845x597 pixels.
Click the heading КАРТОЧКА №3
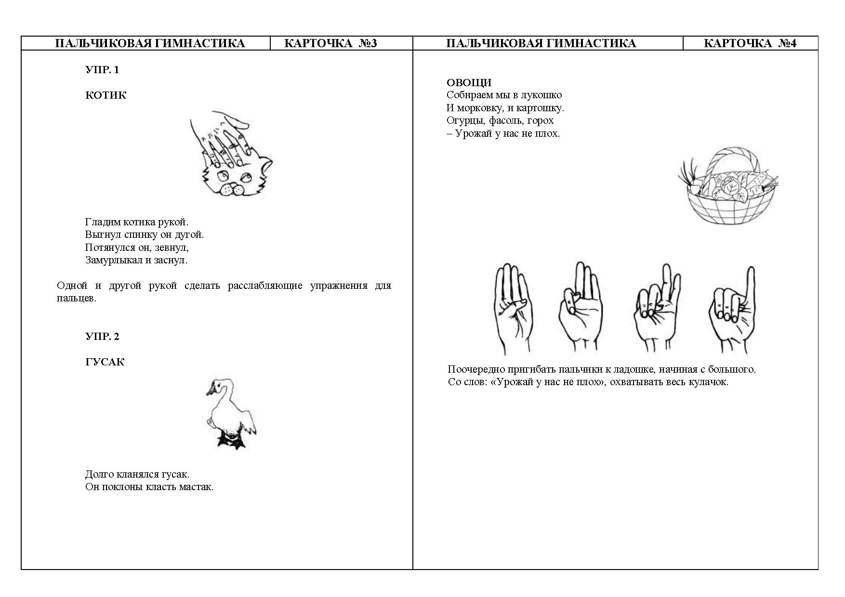pyautogui.click(x=330, y=43)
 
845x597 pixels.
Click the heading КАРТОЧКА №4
pyautogui.click(x=750, y=43)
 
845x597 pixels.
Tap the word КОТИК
pyautogui.click(x=106, y=95)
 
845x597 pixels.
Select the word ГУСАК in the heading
pyautogui.click(x=105, y=362)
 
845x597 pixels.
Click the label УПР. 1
pyautogui.click(x=102, y=70)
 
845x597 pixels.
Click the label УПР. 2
pyautogui.click(x=102, y=337)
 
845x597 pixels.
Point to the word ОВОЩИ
pyautogui.click(x=469, y=82)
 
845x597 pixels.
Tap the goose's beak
pyautogui.click(x=210, y=390)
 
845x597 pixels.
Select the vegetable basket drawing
pyautogui.click(x=728, y=186)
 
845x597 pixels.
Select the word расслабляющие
pyautogui.click(x=265, y=286)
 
